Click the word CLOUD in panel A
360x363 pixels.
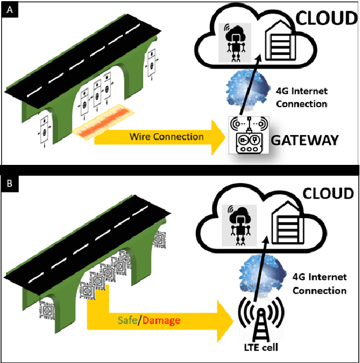click(x=326, y=18)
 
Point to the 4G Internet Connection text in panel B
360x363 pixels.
click(x=319, y=283)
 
